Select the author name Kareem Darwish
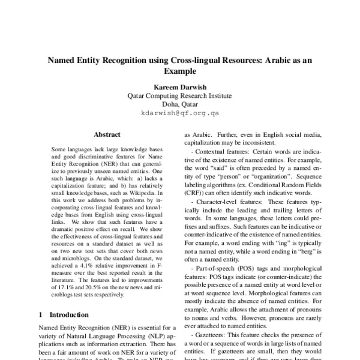[x=180, y=86]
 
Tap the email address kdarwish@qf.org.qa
[x=180, y=112]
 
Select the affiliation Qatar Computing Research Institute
[x=180, y=95]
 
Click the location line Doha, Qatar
[x=180, y=104]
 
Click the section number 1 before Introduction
[x=40, y=314]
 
